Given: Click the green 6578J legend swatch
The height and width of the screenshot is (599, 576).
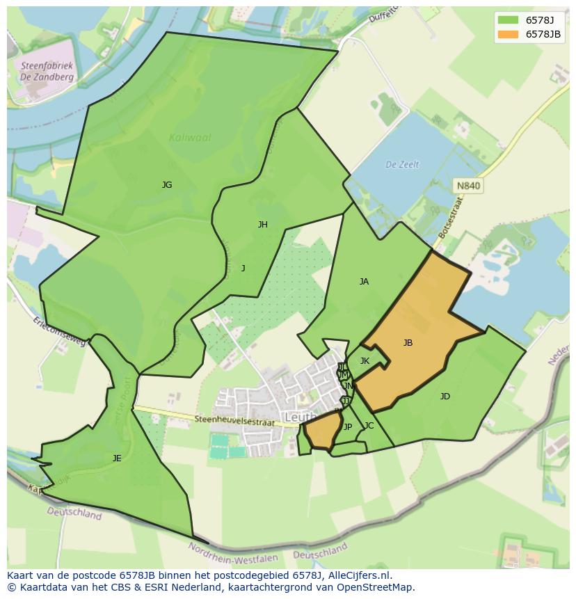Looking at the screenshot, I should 508,20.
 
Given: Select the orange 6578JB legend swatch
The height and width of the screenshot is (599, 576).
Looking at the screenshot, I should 508,34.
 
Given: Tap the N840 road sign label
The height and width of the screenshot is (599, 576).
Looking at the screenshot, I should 468,186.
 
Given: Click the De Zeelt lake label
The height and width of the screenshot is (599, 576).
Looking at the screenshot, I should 402,164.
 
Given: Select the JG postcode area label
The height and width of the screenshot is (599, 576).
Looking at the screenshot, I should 167,185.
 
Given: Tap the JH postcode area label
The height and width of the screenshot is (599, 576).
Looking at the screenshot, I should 262,225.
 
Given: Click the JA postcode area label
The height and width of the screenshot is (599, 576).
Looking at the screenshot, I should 364,282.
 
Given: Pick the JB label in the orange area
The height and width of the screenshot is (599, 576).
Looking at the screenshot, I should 408,343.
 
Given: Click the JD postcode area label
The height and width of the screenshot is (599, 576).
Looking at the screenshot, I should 445,397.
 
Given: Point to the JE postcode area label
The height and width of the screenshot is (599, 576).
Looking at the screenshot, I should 117,458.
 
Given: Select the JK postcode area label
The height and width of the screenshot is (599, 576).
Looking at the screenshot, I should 365,361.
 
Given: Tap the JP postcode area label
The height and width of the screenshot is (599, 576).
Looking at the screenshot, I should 348,427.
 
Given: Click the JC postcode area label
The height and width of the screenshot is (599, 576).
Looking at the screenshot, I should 369,426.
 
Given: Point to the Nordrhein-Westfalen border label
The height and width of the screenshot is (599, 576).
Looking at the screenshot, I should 233,553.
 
